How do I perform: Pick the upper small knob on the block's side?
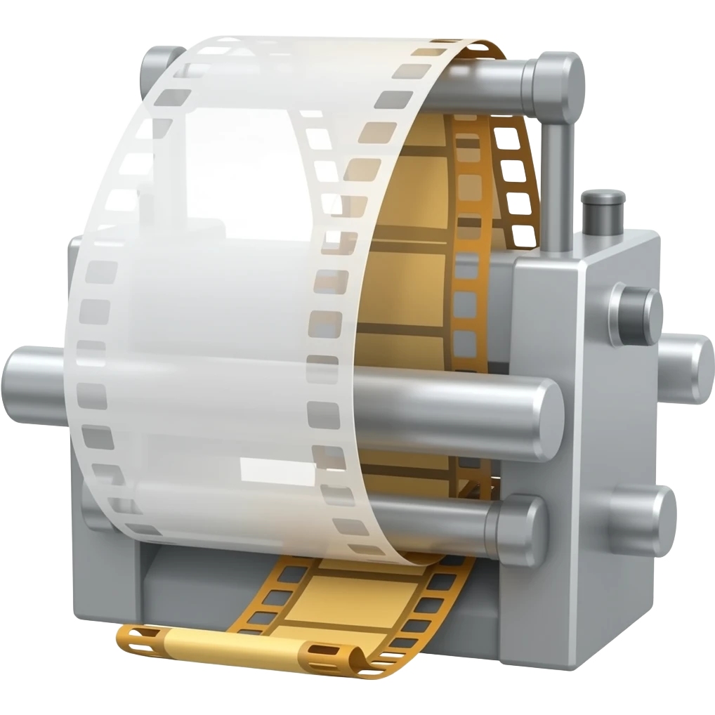click(636, 315)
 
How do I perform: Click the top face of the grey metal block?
click(597, 242)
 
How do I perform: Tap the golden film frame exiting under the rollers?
click(351, 597)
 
